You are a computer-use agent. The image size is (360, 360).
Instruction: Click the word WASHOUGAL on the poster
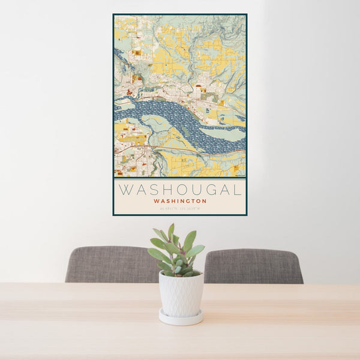180,190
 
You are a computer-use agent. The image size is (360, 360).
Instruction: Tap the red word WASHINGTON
180,201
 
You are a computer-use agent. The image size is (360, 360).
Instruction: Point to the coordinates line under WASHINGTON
180,208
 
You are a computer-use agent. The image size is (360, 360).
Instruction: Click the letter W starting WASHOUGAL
125,190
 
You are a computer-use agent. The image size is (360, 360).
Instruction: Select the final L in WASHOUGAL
238,190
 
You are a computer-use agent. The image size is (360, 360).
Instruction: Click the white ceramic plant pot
181,293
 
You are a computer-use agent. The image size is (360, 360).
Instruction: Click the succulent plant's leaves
177,252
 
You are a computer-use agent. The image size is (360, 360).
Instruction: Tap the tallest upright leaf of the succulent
171,233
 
